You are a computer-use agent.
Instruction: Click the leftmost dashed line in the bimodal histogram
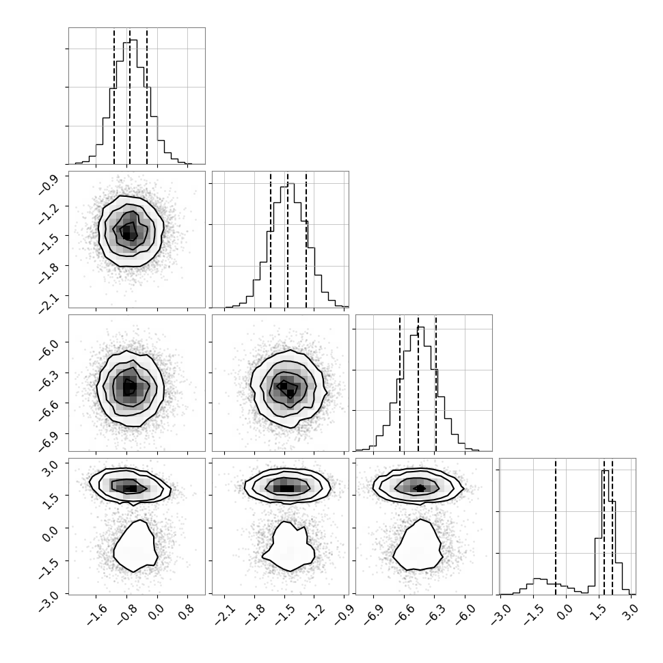(556, 527)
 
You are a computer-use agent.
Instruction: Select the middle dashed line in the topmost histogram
(130, 96)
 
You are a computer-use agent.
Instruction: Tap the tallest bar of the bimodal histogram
(606, 532)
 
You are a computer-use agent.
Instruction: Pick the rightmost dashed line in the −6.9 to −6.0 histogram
(435, 383)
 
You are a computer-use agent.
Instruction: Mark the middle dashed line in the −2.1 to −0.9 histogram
(288, 240)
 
